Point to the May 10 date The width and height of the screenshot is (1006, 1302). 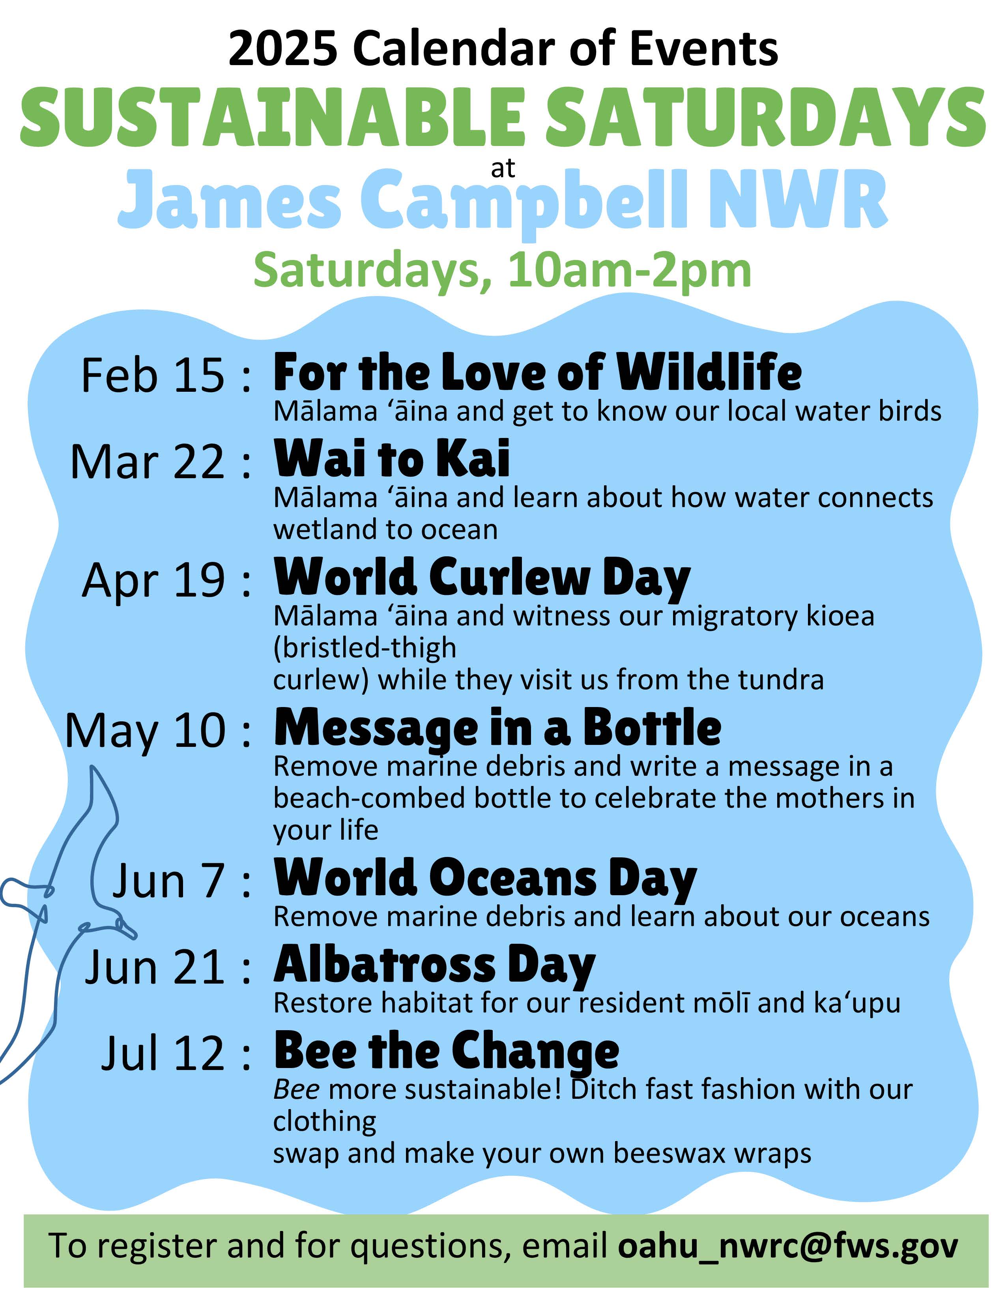[x=146, y=731]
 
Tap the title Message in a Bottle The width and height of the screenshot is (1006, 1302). [x=497, y=728]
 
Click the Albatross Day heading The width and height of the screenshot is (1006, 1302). [x=434, y=966]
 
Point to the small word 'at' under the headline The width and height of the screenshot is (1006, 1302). [x=502, y=169]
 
